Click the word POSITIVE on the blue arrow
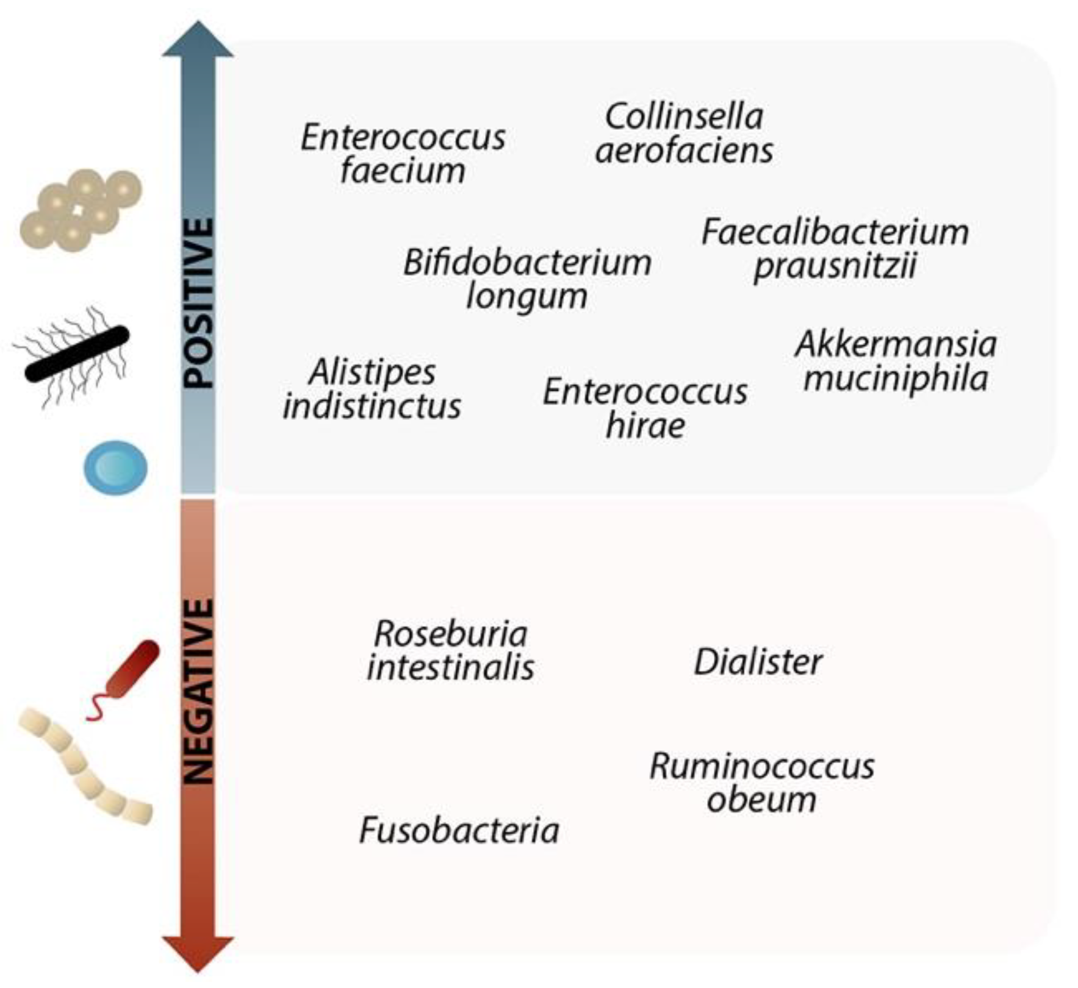[x=199, y=304]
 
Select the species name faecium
[x=403, y=171]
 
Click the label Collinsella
[x=684, y=116]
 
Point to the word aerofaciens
[x=684, y=150]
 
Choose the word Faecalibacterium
[x=835, y=232]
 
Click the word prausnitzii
[x=835, y=266]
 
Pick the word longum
[x=526, y=296]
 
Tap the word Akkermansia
[x=896, y=344]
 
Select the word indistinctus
[x=372, y=407]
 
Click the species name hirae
[x=645, y=425]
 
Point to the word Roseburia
[x=450, y=634]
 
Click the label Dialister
[x=758, y=662]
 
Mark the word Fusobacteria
[x=459, y=830]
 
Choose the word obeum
[x=761, y=799]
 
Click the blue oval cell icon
[x=115, y=467]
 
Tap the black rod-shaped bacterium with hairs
[x=77, y=354]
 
